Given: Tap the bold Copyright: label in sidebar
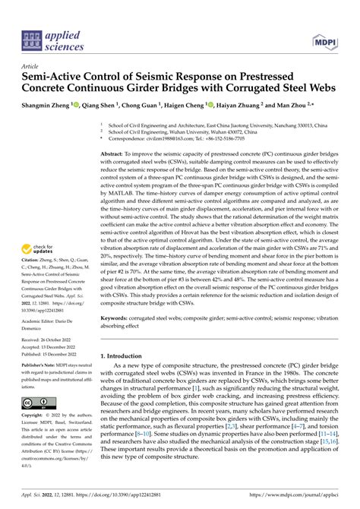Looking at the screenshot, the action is click(35, 416).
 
